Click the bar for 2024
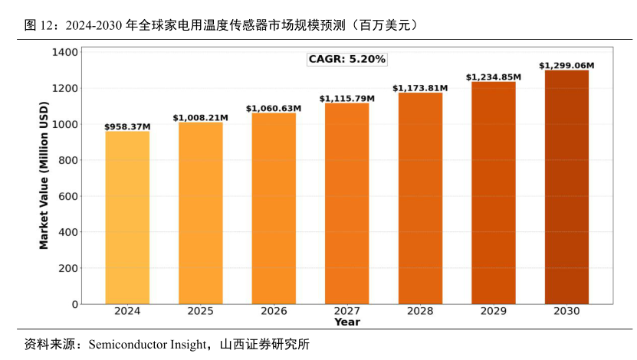pos(127,218)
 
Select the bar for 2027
pos(347,203)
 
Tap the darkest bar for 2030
pos(566,187)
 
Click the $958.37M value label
pos(127,126)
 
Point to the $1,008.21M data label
pos(200,117)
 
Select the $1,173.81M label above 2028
pos(420,88)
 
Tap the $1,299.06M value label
pos(566,66)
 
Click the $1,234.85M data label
pos(494,77)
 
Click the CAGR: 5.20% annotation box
pos(346,59)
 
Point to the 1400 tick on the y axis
pos(65,52)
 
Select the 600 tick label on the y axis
pos(68,196)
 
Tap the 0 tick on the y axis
pos(74,304)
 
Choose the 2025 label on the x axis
pos(200,311)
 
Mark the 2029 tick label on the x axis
pos(494,311)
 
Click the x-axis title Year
pos(346,322)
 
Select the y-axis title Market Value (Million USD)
pos(44,178)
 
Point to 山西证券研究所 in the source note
pos(264,344)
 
